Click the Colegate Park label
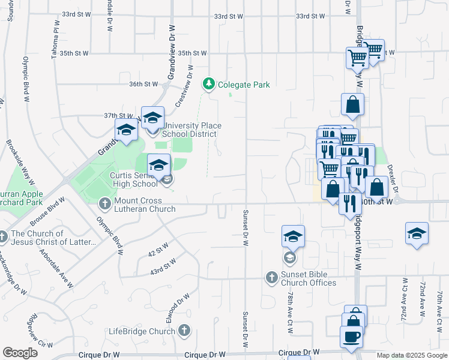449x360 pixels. click(x=243, y=85)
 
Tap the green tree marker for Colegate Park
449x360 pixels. click(x=209, y=84)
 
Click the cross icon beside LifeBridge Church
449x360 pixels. click(x=184, y=331)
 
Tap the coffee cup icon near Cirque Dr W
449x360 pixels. click(x=351, y=337)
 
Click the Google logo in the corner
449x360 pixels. click(x=20, y=353)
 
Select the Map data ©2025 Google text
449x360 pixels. click(x=412, y=356)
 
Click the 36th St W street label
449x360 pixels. click(x=143, y=85)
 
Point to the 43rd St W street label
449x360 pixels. click(x=163, y=267)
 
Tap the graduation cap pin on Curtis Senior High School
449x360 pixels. click(x=158, y=166)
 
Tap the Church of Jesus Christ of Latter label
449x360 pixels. click(x=53, y=238)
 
